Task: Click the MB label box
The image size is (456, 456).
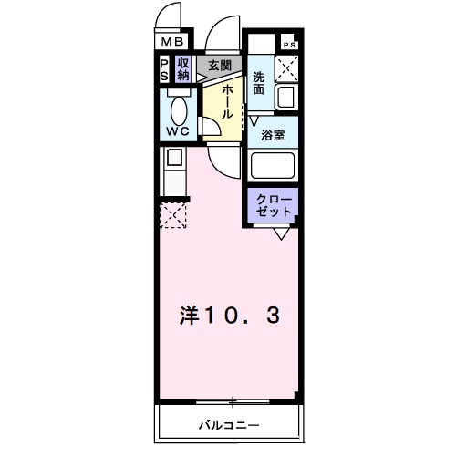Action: coord(173,41)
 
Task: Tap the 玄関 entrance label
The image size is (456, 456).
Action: coord(219,66)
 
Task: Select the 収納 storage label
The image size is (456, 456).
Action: coord(183,69)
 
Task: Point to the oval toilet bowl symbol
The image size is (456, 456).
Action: coord(180,110)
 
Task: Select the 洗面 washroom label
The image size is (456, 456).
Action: coord(259,83)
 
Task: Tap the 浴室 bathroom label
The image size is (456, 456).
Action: coord(273,134)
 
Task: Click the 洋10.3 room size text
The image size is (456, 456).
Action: coord(227,316)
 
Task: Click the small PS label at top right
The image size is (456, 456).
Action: coord(289,45)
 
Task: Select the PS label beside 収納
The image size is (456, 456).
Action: coord(164,69)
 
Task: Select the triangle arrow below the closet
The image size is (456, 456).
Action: coord(284,233)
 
